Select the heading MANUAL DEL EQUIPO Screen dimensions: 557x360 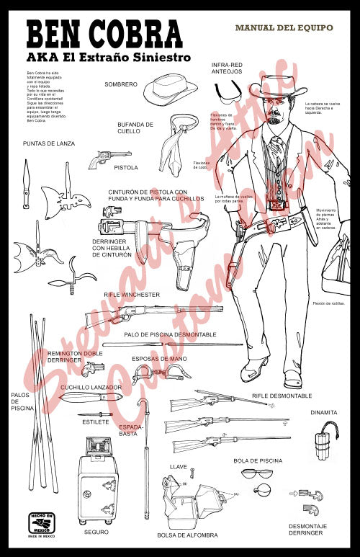point(284,27)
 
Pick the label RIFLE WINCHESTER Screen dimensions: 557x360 point(132,295)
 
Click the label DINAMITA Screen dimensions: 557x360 point(324,412)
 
